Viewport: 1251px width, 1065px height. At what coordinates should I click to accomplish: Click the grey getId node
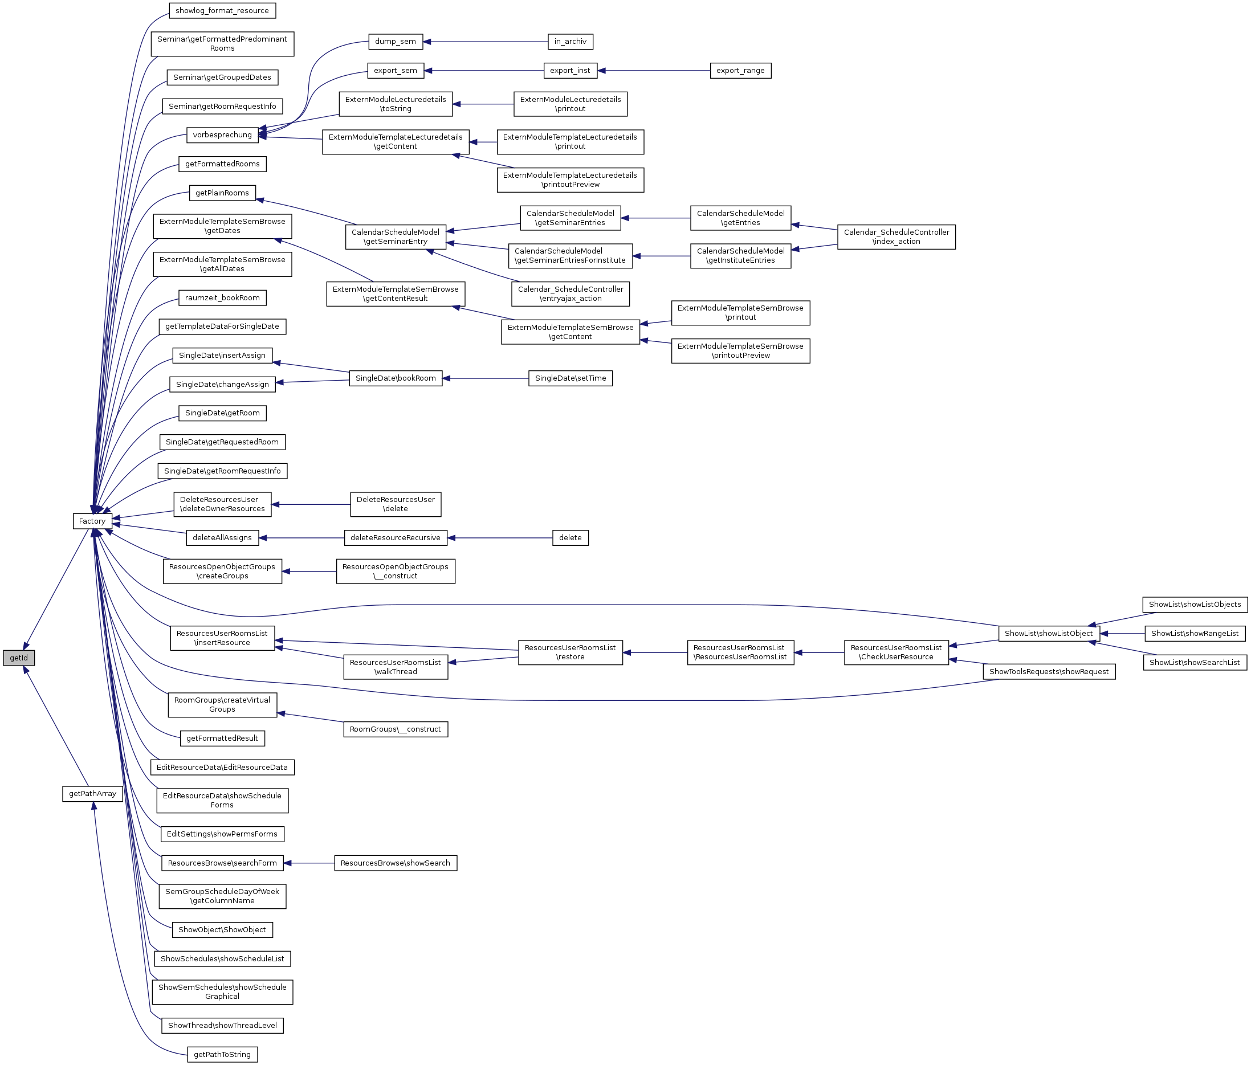[19, 658]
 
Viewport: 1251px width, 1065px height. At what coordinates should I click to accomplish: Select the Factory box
[92, 521]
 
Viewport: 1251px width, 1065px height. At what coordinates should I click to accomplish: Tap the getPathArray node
[92, 793]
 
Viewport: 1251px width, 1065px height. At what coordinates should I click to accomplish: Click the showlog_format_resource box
[222, 10]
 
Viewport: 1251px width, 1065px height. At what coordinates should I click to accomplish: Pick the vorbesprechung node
[222, 134]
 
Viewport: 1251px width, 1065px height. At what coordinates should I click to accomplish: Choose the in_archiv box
[570, 41]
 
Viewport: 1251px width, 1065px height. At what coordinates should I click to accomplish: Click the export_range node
[740, 70]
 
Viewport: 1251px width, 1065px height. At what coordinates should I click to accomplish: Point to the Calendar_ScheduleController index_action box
[896, 236]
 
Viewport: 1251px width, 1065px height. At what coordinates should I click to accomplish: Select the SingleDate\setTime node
[570, 378]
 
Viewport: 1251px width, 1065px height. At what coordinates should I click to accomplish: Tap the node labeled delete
[570, 537]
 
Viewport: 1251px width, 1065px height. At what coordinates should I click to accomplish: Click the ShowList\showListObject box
[1049, 633]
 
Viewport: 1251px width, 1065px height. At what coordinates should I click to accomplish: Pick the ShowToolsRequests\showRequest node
[1049, 671]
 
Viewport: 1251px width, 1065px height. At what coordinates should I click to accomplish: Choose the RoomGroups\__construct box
[396, 729]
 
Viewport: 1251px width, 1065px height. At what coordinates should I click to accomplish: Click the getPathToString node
[222, 1054]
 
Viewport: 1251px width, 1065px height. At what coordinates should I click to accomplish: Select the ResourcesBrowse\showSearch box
[396, 863]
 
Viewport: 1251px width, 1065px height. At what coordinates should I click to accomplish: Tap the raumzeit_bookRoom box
[222, 297]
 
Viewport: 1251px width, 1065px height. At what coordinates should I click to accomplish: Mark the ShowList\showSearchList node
[1194, 662]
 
